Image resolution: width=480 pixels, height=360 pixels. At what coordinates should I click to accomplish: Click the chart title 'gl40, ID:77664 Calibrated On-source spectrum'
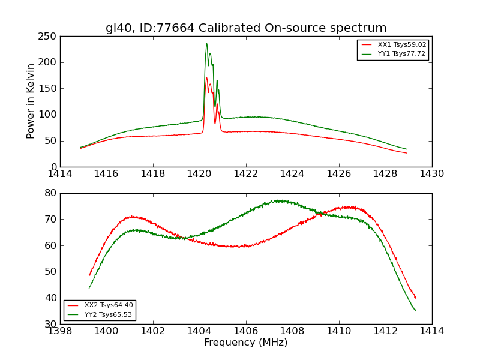(246, 28)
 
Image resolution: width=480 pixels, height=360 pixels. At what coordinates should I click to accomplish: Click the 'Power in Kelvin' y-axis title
(31, 101)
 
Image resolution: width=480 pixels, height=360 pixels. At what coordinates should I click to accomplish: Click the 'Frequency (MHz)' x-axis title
(246, 343)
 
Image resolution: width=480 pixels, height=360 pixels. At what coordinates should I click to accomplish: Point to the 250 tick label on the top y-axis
(49, 37)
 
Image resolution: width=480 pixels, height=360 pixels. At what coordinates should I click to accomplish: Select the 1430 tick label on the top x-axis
(432, 173)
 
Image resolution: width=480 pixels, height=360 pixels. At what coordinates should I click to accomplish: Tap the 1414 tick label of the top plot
(61, 173)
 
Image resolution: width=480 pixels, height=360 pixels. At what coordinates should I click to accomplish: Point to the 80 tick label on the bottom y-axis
(50, 193)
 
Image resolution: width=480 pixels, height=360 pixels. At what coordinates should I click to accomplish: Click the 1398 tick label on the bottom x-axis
(61, 331)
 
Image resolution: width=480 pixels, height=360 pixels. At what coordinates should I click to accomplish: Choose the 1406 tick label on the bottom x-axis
(246, 331)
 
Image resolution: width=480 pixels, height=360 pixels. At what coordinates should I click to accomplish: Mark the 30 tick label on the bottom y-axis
(50, 324)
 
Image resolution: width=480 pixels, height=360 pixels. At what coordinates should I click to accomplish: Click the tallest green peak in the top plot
(206, 43)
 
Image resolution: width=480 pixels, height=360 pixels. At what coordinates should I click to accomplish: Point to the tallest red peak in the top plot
(206, 77)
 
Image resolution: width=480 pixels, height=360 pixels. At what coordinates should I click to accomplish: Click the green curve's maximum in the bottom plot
(278, 200)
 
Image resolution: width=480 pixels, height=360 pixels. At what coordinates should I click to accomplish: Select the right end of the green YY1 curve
(407, 149)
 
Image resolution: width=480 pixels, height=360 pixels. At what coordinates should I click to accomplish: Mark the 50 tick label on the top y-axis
(50, 141)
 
